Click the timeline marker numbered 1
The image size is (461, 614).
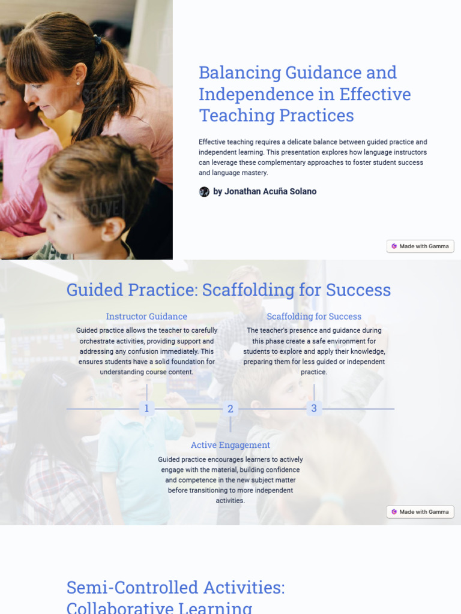[x=146, y=409]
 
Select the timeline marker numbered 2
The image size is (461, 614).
[x=230, y=410]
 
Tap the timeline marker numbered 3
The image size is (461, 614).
[x=313, y=409]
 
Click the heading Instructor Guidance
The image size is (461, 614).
[x=146, y=317]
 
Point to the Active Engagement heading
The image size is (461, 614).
[x=230, y=445]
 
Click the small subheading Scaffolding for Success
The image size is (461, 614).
[x=314, y=317]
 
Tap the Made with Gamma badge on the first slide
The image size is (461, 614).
[x=420, y=246]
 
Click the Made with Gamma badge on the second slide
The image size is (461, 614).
[x=420, y=512]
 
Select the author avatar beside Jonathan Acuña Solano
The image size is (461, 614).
[x=204, y=192]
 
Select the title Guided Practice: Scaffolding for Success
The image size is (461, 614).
[x=229, y=290]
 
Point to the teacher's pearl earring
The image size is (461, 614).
[x=77, y=83]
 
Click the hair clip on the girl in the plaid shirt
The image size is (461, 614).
[x=59, y=380]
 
